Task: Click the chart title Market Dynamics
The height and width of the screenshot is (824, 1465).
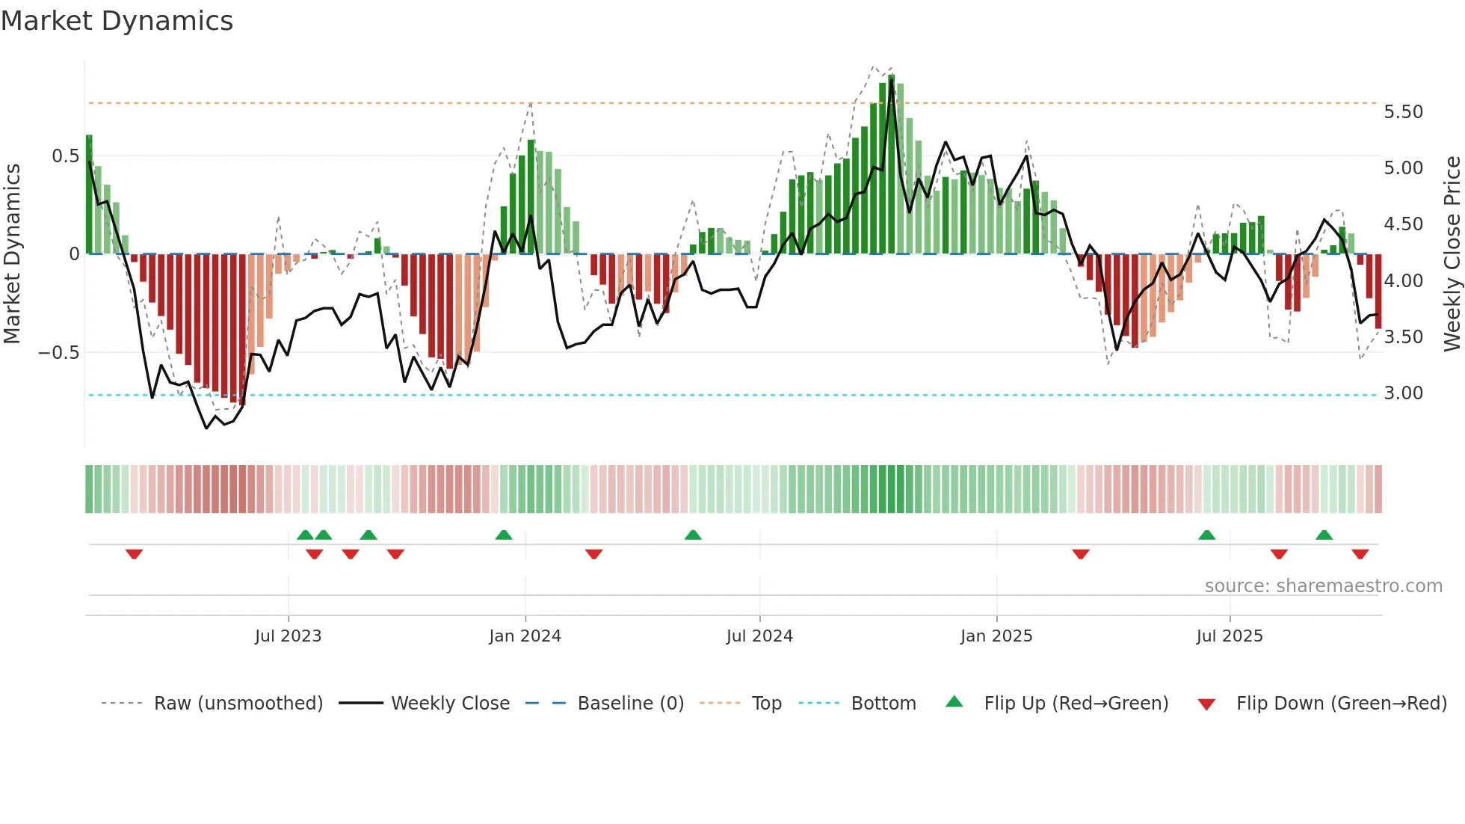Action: point(117,21)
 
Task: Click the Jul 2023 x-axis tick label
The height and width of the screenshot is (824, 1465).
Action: point(288,636)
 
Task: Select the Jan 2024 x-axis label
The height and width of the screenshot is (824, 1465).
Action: point(525,636)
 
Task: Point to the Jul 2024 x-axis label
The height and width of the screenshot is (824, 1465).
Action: point(759,636)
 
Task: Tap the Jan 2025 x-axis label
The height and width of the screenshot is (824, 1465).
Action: point(996,636)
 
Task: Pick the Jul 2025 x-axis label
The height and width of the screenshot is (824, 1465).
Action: point(1230,636)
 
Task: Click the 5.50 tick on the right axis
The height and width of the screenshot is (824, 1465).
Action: point(1403,112)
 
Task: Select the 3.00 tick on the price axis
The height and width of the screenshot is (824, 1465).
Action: point(1403,393)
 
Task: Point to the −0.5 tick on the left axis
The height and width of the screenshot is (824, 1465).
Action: point(58,352)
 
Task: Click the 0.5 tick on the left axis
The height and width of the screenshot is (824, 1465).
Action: point(65,156)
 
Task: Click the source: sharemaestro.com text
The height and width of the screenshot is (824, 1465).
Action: point(1323,586)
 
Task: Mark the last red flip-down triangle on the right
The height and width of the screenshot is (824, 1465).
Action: point(1360,554)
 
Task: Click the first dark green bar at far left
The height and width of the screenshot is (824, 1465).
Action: point(89,194)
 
